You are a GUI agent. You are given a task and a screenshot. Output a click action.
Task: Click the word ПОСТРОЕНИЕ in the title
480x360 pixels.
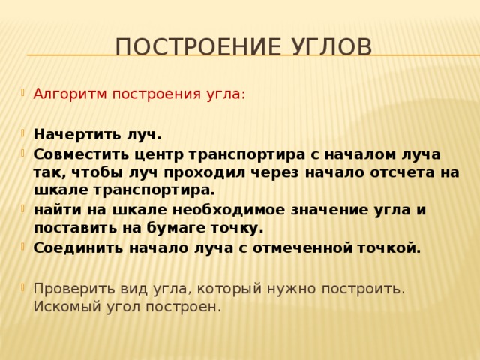click(x=198, y=46)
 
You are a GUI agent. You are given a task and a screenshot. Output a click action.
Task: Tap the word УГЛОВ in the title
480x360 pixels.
click(x=331, y=46)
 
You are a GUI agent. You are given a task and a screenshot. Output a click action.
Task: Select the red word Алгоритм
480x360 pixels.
click(x=70, y=94)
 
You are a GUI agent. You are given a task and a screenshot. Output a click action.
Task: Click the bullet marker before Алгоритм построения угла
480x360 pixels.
click(x=22, y=91)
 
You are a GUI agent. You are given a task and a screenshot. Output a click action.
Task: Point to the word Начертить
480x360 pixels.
click(x=78, y=135)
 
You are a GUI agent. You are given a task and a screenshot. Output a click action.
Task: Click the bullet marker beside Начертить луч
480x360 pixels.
click(x=22, y=133)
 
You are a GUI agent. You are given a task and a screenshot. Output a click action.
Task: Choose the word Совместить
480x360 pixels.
click(x=81, y=154)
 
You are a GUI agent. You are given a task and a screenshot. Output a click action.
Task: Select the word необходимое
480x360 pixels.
click(x=229, y=211)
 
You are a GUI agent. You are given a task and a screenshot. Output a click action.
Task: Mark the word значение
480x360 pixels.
click(x=330, y=211)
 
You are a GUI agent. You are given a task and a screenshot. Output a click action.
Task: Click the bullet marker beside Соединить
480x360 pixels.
click(x=22, y=245)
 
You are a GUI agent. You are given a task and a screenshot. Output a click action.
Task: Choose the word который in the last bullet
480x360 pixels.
click(x=229, y=289)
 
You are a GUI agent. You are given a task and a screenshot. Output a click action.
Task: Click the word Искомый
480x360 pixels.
click(x=67, y=307)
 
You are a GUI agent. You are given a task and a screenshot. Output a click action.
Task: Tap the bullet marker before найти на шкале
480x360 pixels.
click(x=22, y=208)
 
